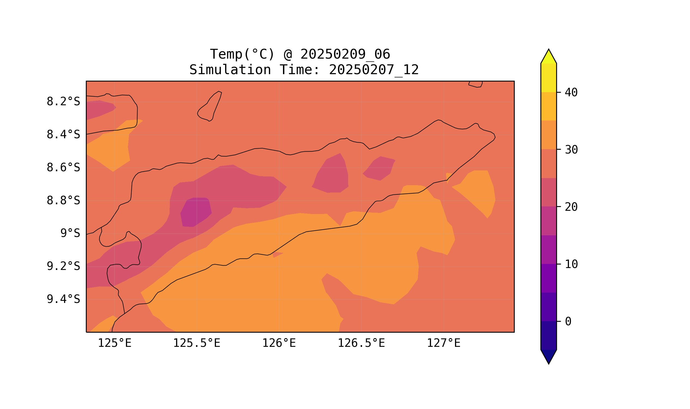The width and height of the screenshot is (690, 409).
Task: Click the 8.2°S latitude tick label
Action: click(63, 102)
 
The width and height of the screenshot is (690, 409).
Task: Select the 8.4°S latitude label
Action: click(63, 135)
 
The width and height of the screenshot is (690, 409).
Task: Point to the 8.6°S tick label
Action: click(63, 168)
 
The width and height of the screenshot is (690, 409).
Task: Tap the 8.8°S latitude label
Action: click(63, 201)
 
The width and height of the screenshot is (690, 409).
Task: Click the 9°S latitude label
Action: click(70, 233)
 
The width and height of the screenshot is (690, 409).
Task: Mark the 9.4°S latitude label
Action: click(63, 299)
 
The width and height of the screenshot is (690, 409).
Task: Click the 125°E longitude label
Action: click(115, 343)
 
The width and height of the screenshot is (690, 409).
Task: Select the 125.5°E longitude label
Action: click(197, 343)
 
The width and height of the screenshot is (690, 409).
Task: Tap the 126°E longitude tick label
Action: click(279, 343)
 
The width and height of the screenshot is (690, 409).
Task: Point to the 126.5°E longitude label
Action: click(361, 343)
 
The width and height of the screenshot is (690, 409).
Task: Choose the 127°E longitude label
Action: click(443, 343)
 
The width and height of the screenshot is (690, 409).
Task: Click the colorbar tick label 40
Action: click(571, 93)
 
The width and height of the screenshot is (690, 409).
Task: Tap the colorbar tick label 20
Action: click(571, 207)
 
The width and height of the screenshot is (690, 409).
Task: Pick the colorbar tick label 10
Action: click(571, 264)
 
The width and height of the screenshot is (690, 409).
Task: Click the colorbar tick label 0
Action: click(568, 322)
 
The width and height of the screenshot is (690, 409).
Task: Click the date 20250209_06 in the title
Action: click(345, 54)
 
